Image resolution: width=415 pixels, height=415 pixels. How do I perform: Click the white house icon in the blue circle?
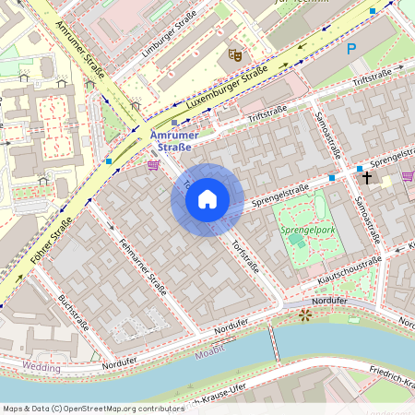click(x=207, y=199)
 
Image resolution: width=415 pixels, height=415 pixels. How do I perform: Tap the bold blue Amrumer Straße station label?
click(x=172, y=140)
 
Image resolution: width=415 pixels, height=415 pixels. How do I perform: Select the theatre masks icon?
click(x=235, y=55)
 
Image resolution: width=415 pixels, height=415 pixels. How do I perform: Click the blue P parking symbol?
click(x=351, y=50)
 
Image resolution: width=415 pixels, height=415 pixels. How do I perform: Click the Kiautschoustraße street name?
click(x=349, y=270)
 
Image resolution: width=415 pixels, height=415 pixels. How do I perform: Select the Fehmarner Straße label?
click(x=143, y=267)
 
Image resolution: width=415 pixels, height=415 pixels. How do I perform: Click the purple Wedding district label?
click(x=41, y=368)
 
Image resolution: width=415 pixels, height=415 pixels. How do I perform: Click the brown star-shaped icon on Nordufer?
click(x=305, y=315)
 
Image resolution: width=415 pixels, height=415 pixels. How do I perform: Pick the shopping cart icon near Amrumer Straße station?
click(x=153, y=165)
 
